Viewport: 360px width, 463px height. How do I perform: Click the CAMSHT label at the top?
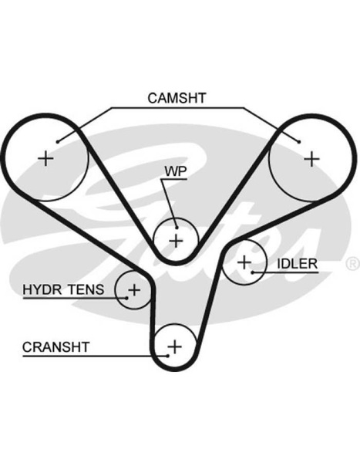click(x=177, y=98)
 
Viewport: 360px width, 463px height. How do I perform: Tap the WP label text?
click(x=176, y=171)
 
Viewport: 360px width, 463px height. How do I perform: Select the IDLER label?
click(x=297, y=264)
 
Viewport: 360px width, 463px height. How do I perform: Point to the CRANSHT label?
click(x=56, y=347)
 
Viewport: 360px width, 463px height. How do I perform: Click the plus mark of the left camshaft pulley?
click(x=45, y=159)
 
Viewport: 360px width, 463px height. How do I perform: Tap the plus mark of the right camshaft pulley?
click(x=311, y=160)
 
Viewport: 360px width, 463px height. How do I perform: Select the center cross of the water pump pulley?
click(x=177, y=241)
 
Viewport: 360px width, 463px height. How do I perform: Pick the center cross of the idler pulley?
click(x=244, y=262)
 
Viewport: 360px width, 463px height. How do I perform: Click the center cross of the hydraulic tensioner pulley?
click(x=134, y=290)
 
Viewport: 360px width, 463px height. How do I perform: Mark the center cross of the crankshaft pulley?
click(x=175, y=346)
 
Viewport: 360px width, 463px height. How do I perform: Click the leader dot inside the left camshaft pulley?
click(x=58, y=142)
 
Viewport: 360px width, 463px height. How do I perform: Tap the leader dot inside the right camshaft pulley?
click(x=299, y=142)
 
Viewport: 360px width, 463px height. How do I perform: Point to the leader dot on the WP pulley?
click(x=177, y=228)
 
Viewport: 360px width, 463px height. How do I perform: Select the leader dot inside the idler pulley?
click(x=253, y=272)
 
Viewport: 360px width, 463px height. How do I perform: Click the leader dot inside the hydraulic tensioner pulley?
click(x=126, y=298)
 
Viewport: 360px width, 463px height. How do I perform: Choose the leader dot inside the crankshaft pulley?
click(x=167, y=356)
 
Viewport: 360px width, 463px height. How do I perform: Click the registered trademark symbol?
click(x=352, y=264)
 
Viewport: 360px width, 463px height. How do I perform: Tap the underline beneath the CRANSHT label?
click(x=95, y=356)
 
